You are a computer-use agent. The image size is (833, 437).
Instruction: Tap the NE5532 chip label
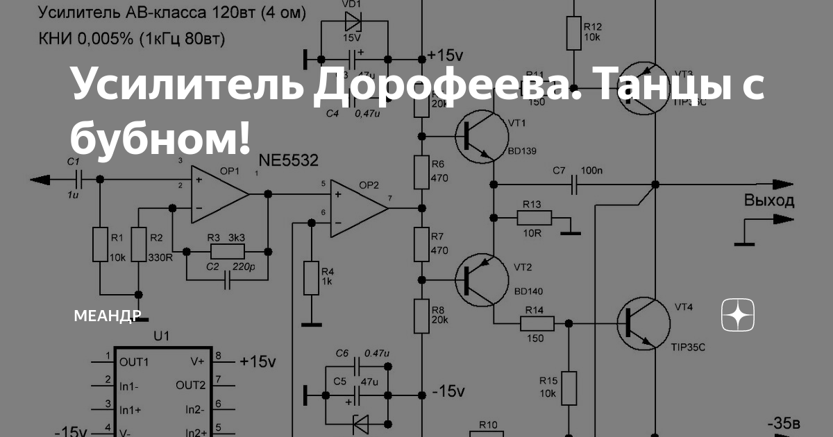[288, 161]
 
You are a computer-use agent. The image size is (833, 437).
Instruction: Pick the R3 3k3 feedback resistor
[226, 251]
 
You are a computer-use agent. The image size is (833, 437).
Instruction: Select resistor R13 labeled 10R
[534, 218]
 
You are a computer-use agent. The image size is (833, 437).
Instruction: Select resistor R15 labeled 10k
[569, 388]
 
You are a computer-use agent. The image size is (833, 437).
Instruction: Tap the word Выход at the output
[769, 201]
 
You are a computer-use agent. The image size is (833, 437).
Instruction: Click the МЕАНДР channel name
[108, 316]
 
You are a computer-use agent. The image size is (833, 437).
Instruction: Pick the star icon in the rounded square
[738, 316]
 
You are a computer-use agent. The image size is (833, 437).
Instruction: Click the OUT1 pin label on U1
[133, 361]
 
